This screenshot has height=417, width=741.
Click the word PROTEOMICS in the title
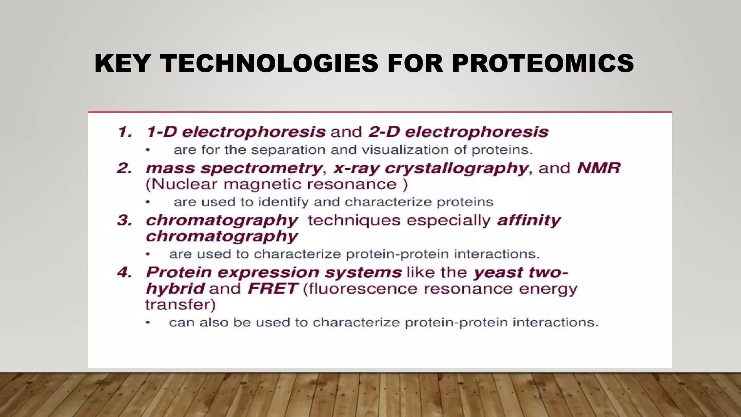[x=543, y=63]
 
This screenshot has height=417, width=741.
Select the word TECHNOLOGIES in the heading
[x=269, y=63]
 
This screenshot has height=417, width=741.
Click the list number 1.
[x=125, y=132]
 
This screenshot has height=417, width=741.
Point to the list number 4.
[x=125, y=273]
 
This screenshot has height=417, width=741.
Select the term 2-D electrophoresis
[x=458, y=132]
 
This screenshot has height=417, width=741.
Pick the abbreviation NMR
[x=598, y=168]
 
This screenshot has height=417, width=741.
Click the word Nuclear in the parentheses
[x=184, y=185]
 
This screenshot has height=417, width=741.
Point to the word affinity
[x=529, y=220]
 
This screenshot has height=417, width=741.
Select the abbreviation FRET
[x=273, y=289]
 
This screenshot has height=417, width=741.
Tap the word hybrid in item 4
[x=175, y=289]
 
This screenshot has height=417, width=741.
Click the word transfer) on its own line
[x=180, y=305]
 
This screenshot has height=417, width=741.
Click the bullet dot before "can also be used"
[x=148, y=322]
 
